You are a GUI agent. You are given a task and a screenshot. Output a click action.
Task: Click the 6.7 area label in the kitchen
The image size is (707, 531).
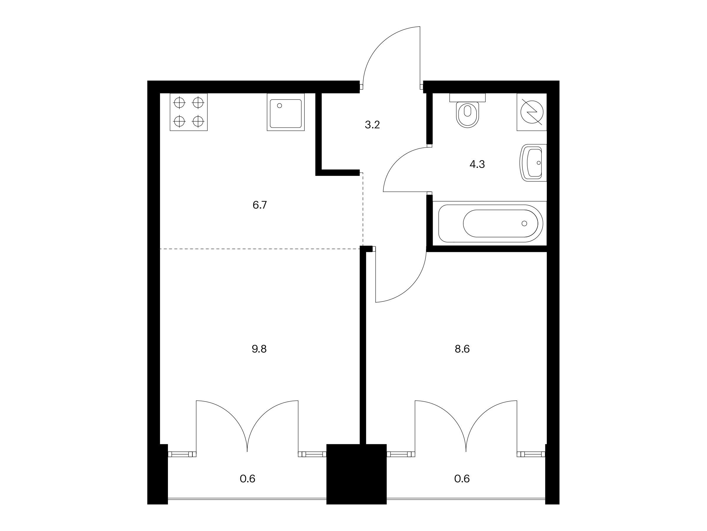pyautogui.click(x=260, y=205)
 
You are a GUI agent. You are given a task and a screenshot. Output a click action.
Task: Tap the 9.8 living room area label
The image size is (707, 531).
pyautogui.click(x=259, y=349)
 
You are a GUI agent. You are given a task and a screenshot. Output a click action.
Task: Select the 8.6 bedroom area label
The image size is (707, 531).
pyautogui.click(x=462, y=349)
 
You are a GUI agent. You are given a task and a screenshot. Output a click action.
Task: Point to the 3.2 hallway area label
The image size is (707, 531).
pyautogui.click(x=372, y=125)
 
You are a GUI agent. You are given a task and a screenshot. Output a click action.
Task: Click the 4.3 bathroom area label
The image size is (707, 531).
pyautogui.click(x=477, y=164)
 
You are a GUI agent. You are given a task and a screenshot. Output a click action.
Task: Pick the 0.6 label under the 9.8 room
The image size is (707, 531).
pyautogui.click(x=248, y=479)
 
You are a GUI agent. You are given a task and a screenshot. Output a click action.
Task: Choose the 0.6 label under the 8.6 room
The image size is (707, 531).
pyautogui.click(x=462, y=479)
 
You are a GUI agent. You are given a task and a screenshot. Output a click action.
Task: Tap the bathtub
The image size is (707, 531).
pyautogui.click(x=490, y=223)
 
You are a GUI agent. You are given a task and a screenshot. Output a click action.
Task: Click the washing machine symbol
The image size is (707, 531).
pyautogui.click(x=532, y=112)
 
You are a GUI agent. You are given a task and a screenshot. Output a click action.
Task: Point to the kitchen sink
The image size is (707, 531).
pyautogui.click(x=286, y=112)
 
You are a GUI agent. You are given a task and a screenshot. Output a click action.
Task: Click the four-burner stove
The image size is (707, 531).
pyautogui.click(x=189, y=112)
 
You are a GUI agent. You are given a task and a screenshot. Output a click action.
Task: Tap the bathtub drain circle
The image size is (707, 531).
pyautogui.click(x=524, y=223)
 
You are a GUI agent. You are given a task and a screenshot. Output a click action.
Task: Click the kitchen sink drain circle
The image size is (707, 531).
pyautogui.click(x=280, y=106)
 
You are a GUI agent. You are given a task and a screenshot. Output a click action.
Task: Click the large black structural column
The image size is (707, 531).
pyautogui.click(x=356, y=474)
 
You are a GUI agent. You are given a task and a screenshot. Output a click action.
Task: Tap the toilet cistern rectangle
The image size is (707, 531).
pyautogui.click(x=467, y=98)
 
